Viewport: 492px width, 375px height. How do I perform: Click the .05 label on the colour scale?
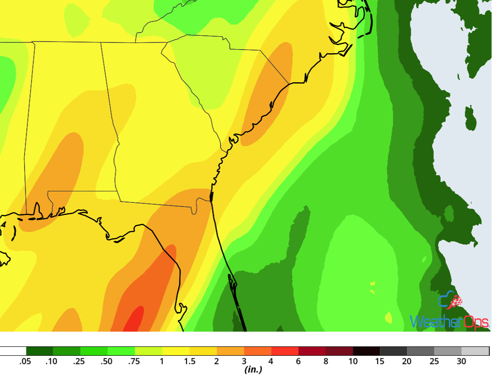pos(25,361)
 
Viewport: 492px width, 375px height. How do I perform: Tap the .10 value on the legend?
pos(52,361)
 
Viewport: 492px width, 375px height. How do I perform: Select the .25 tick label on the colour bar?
pos(79,361)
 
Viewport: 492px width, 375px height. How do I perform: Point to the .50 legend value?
pos(107,361)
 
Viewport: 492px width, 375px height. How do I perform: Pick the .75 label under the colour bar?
pos(134,361)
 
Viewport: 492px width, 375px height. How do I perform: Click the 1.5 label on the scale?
pos(190,361)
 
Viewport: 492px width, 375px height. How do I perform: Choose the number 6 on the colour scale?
pos(298,361)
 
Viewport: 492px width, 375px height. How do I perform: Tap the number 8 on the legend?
pos(325,361)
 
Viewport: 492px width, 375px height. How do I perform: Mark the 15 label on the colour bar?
pos(379,361)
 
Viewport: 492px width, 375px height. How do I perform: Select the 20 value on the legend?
pos(407,361)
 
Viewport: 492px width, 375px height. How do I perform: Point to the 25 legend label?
pos(434,361)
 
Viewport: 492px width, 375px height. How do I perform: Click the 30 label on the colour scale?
pos(461,361)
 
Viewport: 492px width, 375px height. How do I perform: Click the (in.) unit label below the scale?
pos(253,370)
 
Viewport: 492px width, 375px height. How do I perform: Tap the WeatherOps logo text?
pos(449,322)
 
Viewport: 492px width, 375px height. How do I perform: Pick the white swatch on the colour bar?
pos(13,351)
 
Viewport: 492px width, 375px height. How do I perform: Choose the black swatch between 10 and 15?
pos(366,351)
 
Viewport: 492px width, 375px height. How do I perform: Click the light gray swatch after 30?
pos(475,351)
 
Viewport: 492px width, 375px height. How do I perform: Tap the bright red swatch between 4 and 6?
pos(284,351)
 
